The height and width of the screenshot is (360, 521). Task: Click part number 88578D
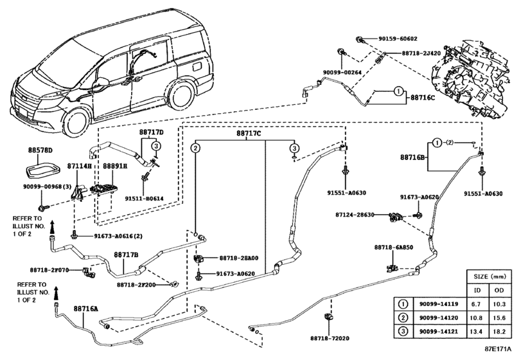pos(40,150)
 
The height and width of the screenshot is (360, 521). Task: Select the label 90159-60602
pos(398,39)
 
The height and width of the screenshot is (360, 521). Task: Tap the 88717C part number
pos(249,134)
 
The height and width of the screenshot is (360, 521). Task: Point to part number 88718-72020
pos(330,338)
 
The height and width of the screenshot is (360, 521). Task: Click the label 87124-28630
pos(355,215)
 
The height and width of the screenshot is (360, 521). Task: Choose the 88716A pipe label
pos(85,309)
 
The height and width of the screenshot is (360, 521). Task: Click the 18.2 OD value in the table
pos(499,332)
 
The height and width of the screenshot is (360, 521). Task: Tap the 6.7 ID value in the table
pos(476,304)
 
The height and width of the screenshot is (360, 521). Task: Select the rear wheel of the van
pos(181,94)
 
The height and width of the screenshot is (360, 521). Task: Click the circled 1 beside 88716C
pos(398,91)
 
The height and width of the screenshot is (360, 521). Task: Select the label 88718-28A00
pos(238,258)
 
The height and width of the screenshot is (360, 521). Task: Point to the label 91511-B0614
pos(144,199)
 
